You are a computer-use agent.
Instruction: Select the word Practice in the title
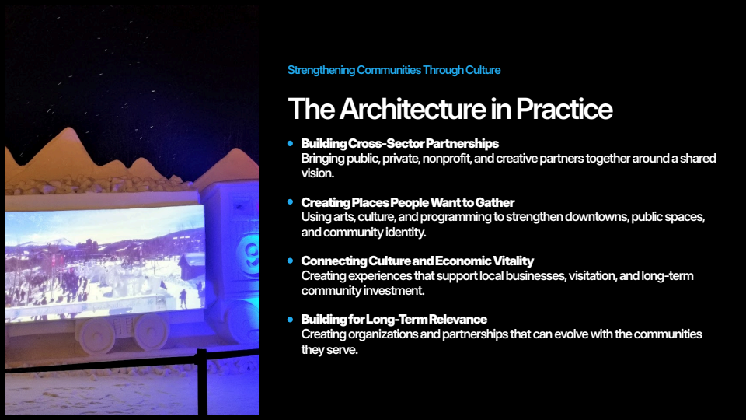click(x=564, y=109)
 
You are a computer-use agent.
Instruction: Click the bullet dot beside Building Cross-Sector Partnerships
click(x=290, y=143)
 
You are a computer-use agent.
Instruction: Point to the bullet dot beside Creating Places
click(x=290, y=202)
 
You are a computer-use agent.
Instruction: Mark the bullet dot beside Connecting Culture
click(x=290, y=261)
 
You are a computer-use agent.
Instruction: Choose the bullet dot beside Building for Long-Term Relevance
click(x=290, y=319)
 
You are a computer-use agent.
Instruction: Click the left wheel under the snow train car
click(x=96, y=334)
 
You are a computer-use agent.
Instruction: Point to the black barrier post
click(x=202, y=381)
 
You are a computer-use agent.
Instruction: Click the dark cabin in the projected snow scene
click(x=192, y=267)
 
